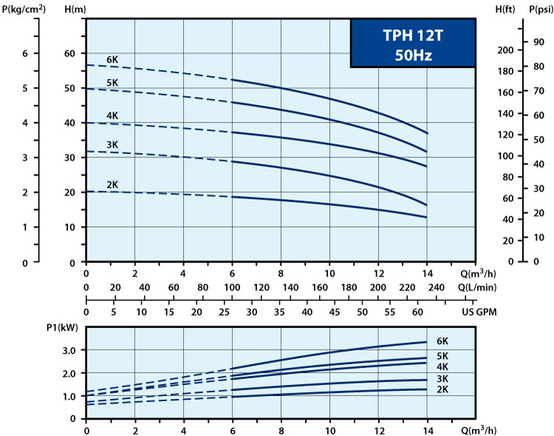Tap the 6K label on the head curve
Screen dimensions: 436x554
pyautogui.click(x=113, y=60)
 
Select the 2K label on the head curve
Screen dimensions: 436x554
pyautogui.click(x=113, y=184)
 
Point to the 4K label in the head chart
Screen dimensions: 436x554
pyautogui.click(x=113, y=116)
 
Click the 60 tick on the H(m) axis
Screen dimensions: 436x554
pyautogui.click(x=70, y=53)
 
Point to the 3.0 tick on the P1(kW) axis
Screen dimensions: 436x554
pyautogui.click(x=69, y=350)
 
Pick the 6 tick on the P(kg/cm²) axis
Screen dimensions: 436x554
pyautogui.click(x=25, y=53)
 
